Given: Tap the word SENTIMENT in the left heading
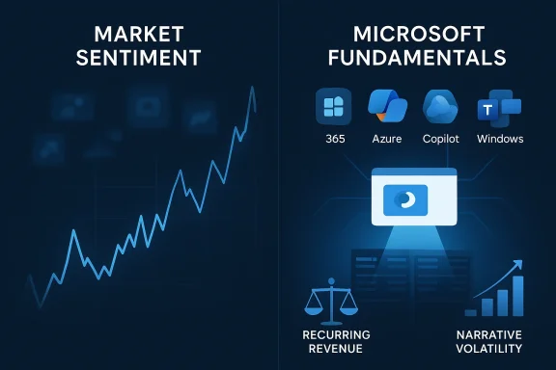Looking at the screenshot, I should click(x=139, y=57).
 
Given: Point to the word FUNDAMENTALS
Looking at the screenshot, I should click(x=418, y=57).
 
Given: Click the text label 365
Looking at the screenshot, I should click(x=334, y=139).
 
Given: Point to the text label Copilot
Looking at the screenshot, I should click(x=444, y=139).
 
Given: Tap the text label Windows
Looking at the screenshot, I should click(x=500, y=139).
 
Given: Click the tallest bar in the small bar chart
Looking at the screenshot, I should click(x=517, y=295).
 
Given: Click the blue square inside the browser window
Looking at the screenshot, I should click(x=400, y=200).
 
